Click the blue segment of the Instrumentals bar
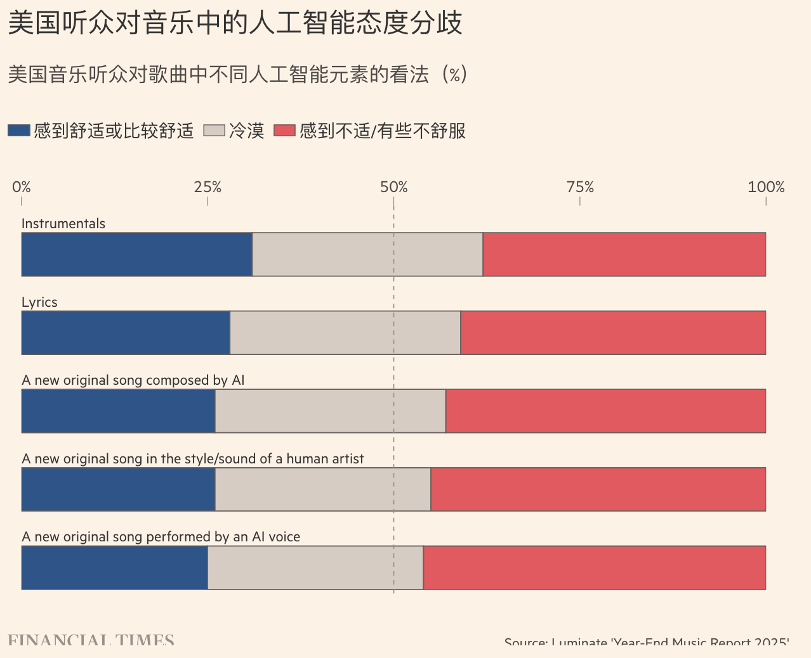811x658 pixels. (x=136, y=254)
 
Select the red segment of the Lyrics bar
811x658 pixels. (x=613, y=333)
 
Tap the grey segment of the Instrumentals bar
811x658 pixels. (x=367, y=254)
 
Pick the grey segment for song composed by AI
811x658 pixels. (x=330, y=411)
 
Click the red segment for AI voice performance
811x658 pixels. (x=594, y=567)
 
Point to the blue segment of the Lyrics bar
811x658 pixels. (x=126, y=333)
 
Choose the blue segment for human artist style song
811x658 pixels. (x=118, y=489)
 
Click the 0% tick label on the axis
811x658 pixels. (x=22, y=187)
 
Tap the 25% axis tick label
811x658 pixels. (x=208, y=187)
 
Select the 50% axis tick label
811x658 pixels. (x=393, y=187)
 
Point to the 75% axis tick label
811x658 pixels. (x=580, y=187)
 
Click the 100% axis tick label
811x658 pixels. (x=766, y=187)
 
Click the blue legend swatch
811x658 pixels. (x=19, y=131)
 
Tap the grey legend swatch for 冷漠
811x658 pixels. (x=214, y=131)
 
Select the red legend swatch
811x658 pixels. (x=284, y=131)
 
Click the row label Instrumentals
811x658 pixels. (x=63, y=223)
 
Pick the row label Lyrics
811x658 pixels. (x=39, y=302)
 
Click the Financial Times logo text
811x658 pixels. (x=91, y=641)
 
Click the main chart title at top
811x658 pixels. (x=235, y=23)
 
